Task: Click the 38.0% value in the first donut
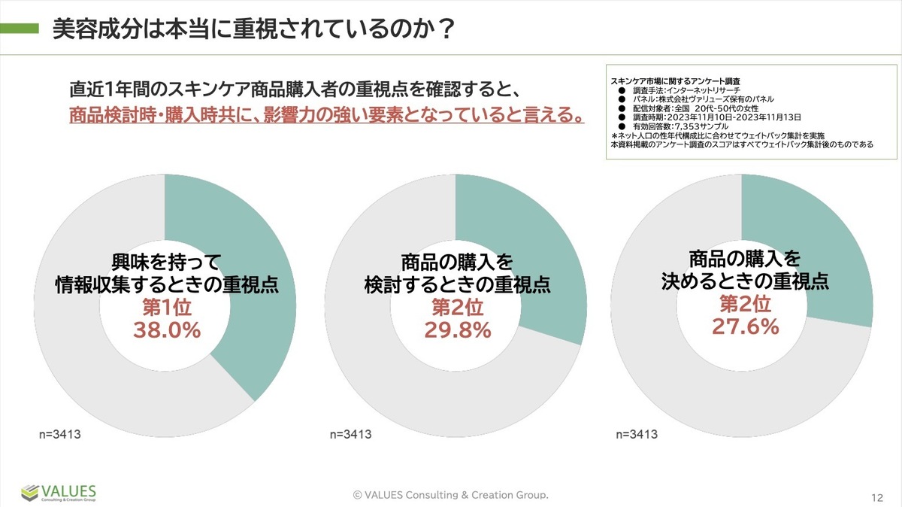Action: pyautogui.click(x=167, y=329)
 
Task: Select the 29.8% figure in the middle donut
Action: pyautogui.click(x=457, y=329)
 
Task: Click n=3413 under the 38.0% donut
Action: pyautogui.click(x=60, y=434)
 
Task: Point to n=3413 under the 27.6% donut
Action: pyautogui.click(x=637, y=434)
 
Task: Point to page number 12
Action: pyautogui.click(x=877, y=497)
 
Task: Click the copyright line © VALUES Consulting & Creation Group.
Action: pyautogui.click(x=451, y=494)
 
